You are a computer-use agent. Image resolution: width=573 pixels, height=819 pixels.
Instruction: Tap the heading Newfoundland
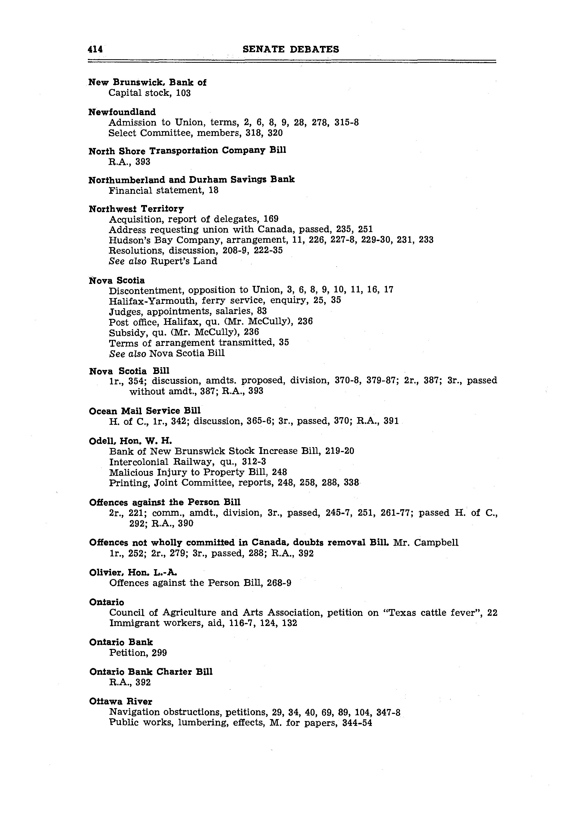[x=122, y=112]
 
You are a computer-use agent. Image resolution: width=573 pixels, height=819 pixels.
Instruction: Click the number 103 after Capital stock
[x=183, y=93]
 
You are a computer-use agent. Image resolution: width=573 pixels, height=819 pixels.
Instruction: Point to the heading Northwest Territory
[x=136, y=209]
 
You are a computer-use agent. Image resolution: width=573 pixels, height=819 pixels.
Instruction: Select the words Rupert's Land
[x=184, y=261]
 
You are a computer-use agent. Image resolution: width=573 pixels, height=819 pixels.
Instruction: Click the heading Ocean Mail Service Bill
[x=145, y=411]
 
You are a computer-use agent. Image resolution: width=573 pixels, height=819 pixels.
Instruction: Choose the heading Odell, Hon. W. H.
[x=130, y=441]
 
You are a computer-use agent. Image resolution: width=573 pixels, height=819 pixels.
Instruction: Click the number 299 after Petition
[x=159, y=653]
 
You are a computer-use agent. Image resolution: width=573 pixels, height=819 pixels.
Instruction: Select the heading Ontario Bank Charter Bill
[x=151, y=672]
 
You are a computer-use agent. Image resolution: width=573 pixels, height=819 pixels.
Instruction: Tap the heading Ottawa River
[x=121, y=701]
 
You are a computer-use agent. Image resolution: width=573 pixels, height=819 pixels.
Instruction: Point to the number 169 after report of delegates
[x=271, y=219]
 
